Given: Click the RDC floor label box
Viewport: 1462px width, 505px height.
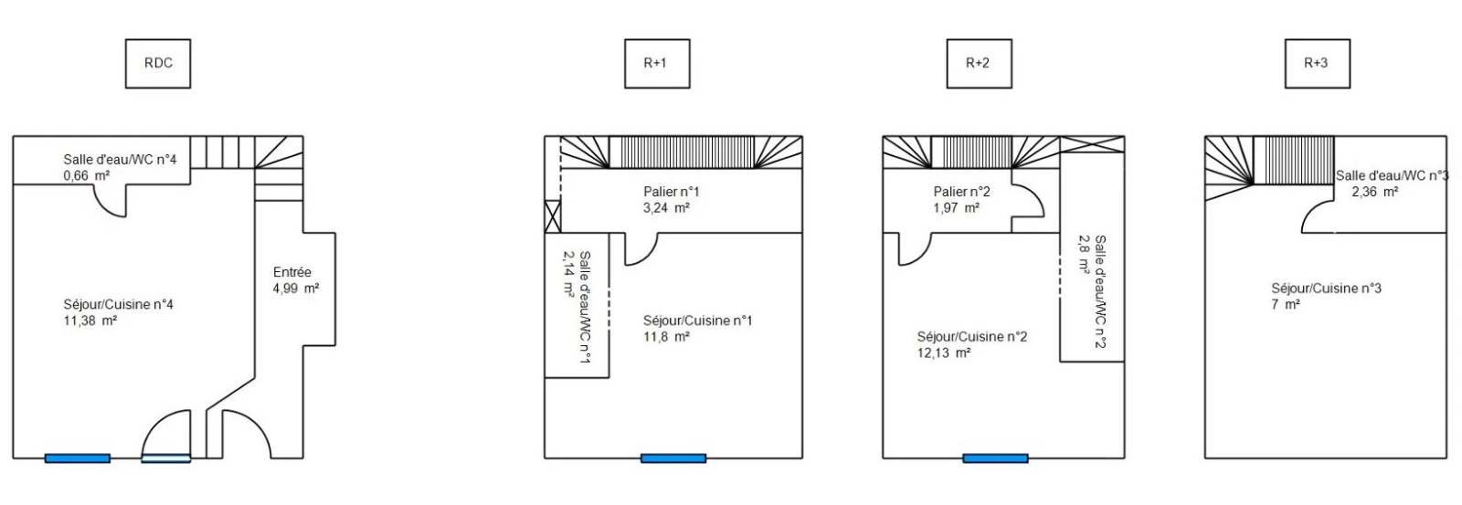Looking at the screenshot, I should click(158, 64).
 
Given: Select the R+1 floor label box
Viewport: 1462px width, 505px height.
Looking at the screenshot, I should click(656, 64).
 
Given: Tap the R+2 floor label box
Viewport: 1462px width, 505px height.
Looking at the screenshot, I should click(979, 64).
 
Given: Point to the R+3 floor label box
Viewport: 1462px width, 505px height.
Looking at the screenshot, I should click(1317, 64).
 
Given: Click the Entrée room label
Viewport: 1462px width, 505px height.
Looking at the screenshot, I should click(292, 272).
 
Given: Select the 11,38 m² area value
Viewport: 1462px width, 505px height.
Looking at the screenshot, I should click(90, 321).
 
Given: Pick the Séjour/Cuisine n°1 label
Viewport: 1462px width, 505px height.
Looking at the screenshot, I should click(697, 321).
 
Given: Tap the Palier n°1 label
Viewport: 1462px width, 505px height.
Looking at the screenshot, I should click(672, 192).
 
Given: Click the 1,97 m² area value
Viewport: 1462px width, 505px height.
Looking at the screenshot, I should click(956, 208).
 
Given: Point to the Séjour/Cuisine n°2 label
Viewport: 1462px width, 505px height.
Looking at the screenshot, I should click(971, 337).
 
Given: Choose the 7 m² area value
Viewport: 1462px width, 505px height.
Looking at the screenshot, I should click(1285, 305).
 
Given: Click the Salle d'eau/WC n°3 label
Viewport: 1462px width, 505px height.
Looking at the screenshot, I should click(1391, 175).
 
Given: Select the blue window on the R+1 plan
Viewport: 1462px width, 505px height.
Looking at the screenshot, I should click(673, 458).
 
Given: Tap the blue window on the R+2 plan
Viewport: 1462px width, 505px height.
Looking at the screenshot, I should click(995, 458).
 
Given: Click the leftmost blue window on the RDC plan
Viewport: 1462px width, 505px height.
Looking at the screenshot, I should click(78, 458).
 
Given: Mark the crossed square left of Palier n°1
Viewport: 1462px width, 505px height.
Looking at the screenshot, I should click(552, 216).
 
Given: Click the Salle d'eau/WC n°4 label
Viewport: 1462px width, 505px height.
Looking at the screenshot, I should click(120, 160).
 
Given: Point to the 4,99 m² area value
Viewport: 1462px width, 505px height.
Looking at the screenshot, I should click(296, 289).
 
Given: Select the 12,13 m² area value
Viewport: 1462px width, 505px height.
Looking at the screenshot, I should click(943, 353).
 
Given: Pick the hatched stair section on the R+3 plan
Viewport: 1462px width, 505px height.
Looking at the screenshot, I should click(1292, 161).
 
